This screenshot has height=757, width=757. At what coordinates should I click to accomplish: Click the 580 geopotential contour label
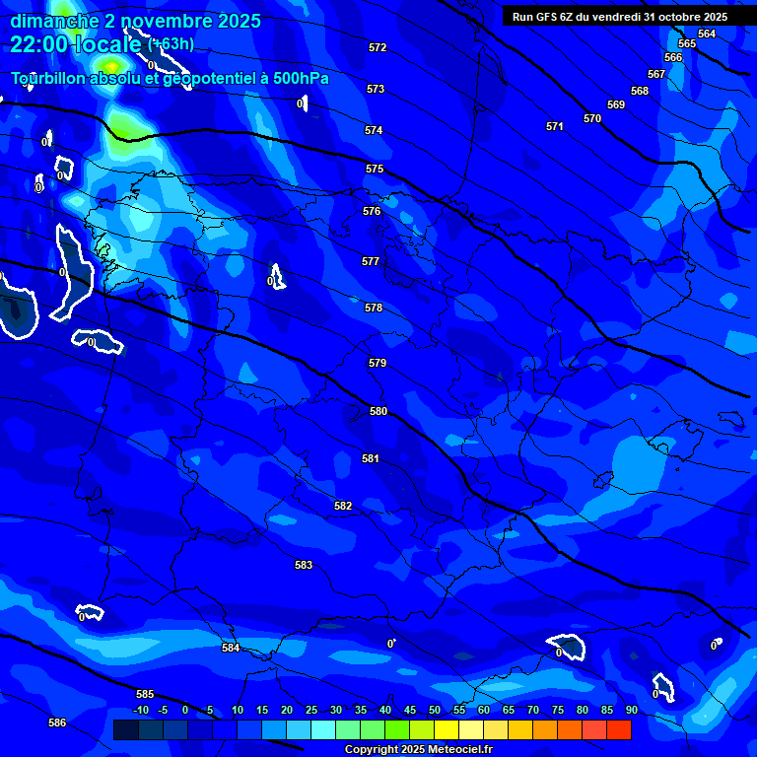pos(378,411)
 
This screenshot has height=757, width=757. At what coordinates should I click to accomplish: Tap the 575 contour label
pos(375,170)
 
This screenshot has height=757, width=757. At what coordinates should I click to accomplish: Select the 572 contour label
pos(378,48)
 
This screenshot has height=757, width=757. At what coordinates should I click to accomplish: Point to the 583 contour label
pos(304,565)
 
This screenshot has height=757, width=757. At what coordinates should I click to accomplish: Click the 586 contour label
pos(57,723)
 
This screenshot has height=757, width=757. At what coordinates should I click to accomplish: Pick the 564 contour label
pos(707,34)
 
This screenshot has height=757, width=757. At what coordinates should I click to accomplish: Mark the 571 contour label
pos(555,127)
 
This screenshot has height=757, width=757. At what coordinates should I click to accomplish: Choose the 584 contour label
pos(231,648)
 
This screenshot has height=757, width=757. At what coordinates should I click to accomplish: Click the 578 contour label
pos(374,309)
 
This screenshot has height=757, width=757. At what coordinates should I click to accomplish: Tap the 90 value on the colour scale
pos(632,710)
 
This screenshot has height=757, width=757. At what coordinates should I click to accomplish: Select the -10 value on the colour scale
pos(141,710)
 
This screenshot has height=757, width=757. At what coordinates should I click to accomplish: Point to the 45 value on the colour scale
pos(410,710)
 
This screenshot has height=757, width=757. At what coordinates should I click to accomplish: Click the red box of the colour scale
pos(619,729)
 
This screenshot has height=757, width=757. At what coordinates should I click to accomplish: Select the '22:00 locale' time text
pos(77,43)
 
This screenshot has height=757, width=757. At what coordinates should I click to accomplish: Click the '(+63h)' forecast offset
pos(171,43)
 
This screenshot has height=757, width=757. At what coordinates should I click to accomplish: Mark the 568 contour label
pos(640,91)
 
